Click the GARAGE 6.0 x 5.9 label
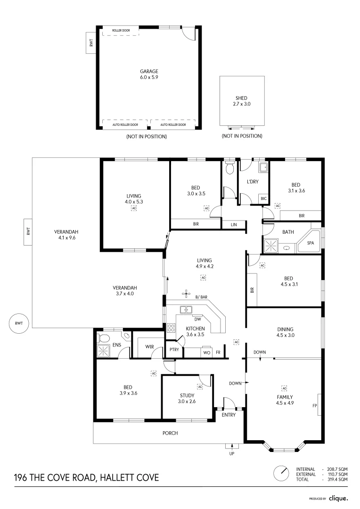point(149,74)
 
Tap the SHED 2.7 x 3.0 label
point(241,101)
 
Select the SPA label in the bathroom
point(311,243)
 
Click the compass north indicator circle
point(281,473)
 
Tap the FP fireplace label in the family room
point(314,405)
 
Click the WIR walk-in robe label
point(150,346)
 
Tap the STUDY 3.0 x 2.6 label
point(187,399)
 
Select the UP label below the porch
point(231,454)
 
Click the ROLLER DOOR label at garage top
point(121,31)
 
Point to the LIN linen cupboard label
point(234,224)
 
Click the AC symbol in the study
point(200,386)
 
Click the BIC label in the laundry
point(264,198)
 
